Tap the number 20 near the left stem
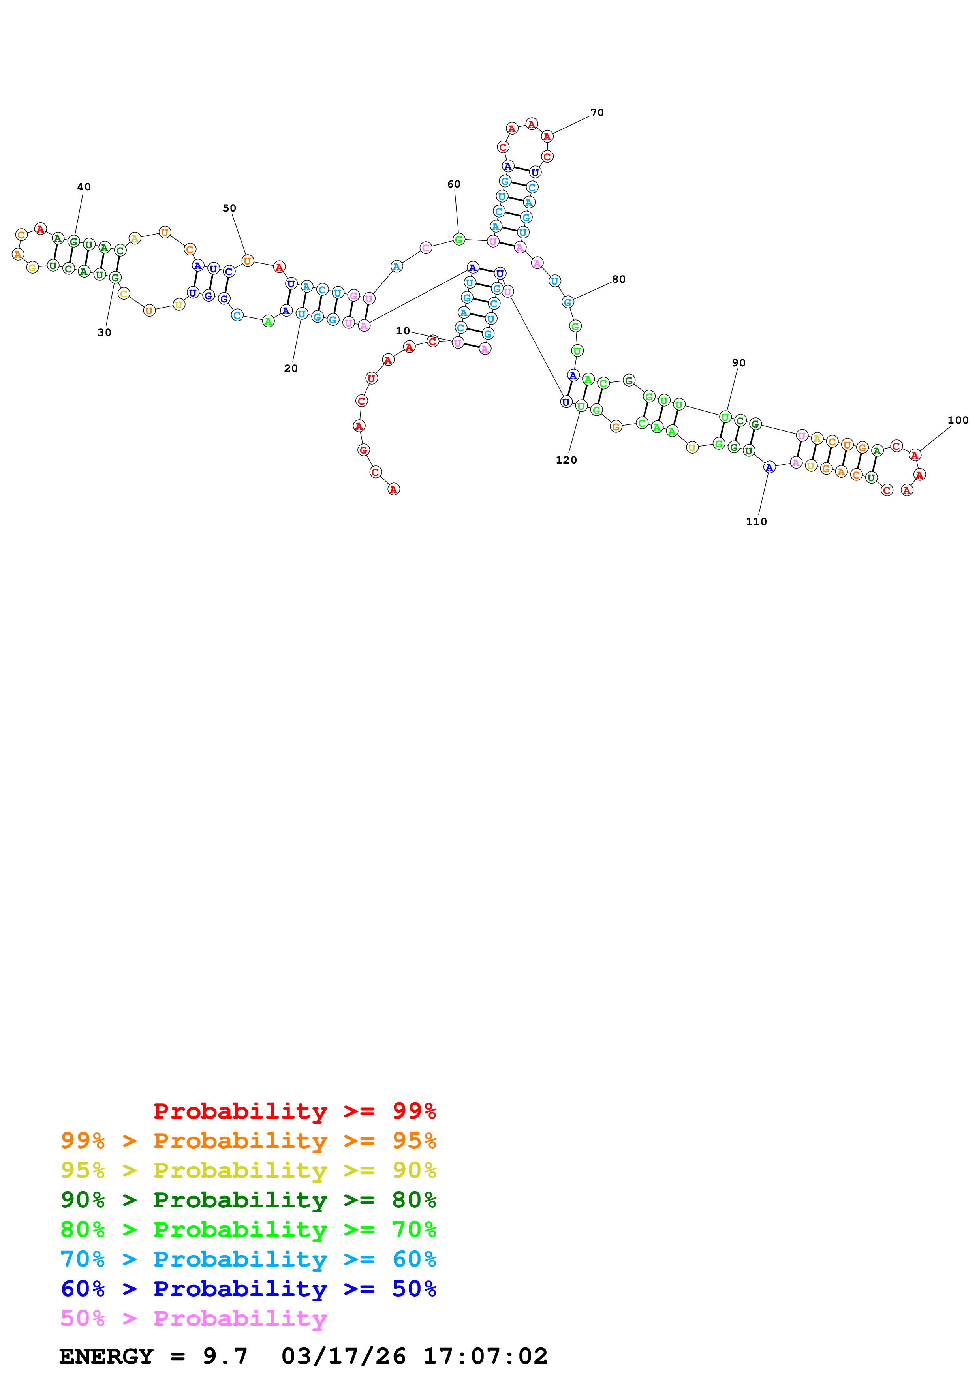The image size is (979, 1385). point(291,369)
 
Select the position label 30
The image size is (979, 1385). point(104,332)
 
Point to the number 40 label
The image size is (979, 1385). point(84,187)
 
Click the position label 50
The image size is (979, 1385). point(229,208)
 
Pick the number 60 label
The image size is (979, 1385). point(454,184)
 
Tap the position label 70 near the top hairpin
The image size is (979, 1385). point(597,113)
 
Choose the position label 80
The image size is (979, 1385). point(618,279)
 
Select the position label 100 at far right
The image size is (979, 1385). point(957,420)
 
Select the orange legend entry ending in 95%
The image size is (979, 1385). point(248,1141)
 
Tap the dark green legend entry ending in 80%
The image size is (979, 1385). point(248,1200)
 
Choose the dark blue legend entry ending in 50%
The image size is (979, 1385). point(248,1289)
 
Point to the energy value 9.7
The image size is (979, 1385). point(225,1356)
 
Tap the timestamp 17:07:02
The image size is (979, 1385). point(485,1356)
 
